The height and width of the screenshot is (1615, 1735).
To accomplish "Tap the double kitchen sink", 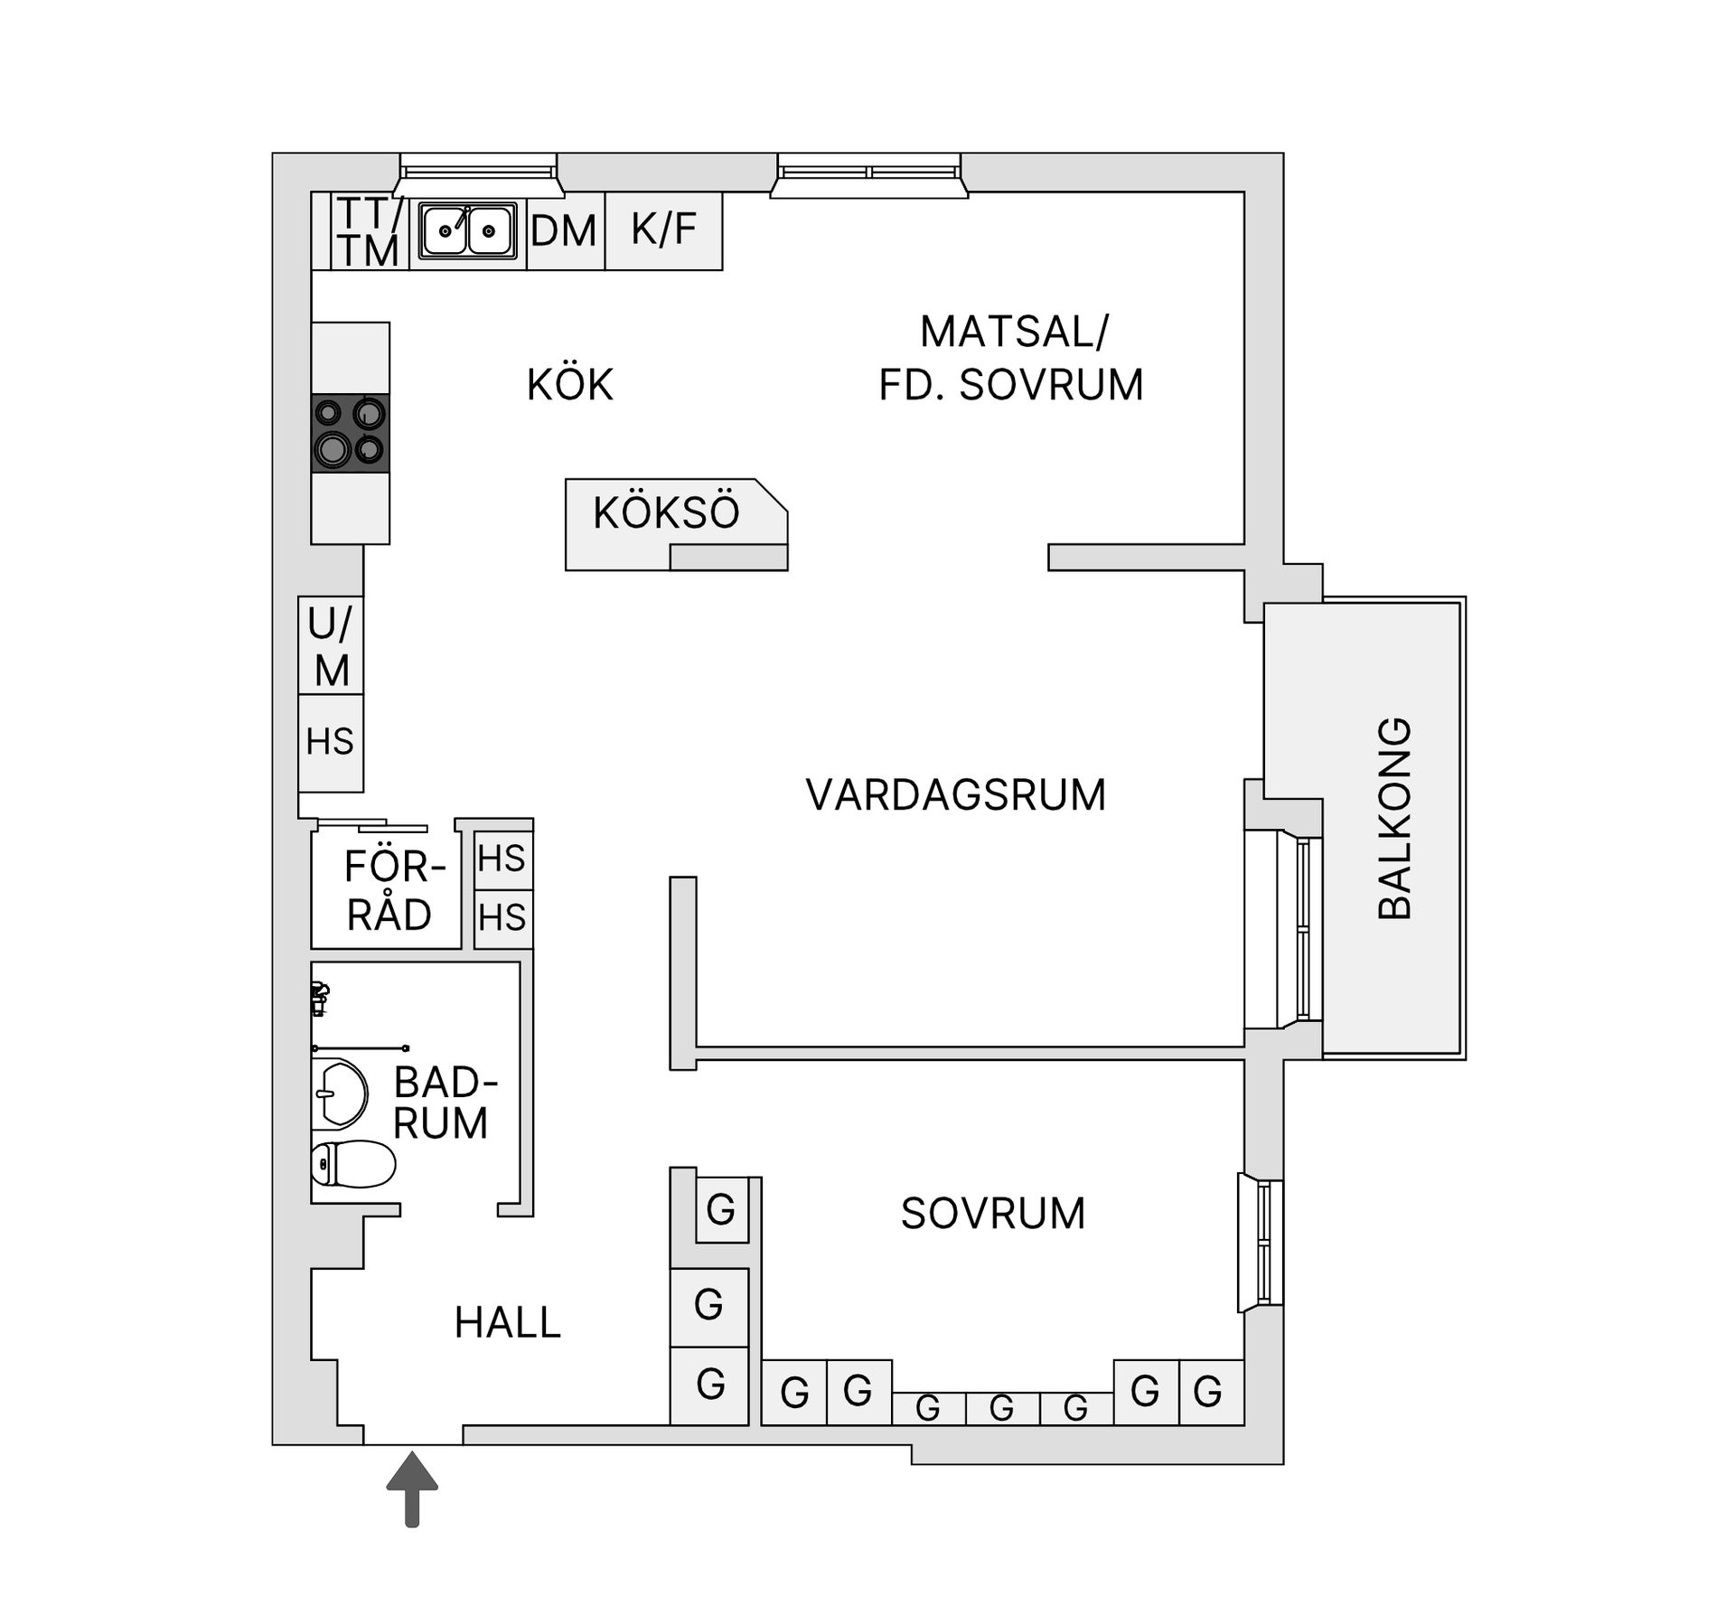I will pyautogui.click(x=467, y=231).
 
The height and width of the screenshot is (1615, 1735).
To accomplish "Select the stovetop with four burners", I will pyautogui.click(x=351, y=433).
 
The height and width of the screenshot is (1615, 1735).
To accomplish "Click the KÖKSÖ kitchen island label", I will pyautogui.click(x=666, y=513).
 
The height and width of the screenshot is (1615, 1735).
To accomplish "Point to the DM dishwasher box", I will pyautogui.click(x=565, y=231).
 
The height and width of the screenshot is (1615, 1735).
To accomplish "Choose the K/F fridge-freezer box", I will pyautogui.click(x=663, y=230).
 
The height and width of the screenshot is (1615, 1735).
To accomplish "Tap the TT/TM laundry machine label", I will pyautogui.click(x=370, y=232).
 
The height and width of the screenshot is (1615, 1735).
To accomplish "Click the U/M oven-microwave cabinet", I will pyautogui.click(x=331, y=646).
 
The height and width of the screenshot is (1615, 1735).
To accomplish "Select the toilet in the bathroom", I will pyautogui.click(x=353, y=1163).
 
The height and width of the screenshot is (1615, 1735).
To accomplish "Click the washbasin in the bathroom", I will pyautogui.click(x=339, y=1094).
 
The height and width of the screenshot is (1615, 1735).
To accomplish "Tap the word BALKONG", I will pyautogui.click(x=1394, y=819).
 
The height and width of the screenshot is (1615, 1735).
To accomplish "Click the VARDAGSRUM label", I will pyautogui.click(x=955, y=795).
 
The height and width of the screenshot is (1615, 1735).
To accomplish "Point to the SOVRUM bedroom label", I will pyautogui.click(x=992, y=1214).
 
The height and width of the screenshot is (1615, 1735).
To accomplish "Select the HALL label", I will pyautogui.click(x=507, y=1323).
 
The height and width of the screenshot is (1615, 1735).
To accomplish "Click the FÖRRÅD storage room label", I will pyautogui.click(x=390, y=891).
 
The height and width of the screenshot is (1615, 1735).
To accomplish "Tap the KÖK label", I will pyautogui.click(x=569, y=385).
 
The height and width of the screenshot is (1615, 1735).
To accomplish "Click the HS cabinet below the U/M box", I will pyautogui.click(x=330, y=743).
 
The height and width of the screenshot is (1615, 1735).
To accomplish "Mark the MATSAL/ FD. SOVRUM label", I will pyautogui.click(x=1011, y=359).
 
